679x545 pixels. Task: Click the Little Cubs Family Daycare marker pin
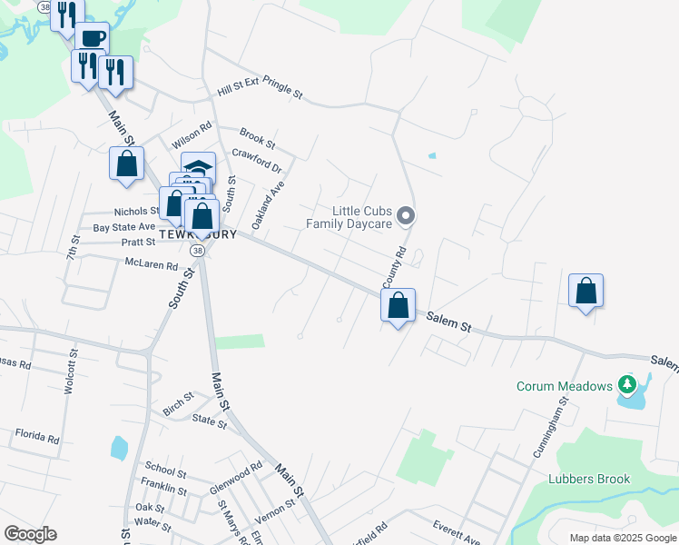pyautogui.click(x=407, y=215)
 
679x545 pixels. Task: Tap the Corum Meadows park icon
pyautogui.click(x=625, y=386)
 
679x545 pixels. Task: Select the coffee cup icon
pyautogui.click(x=92, y=38)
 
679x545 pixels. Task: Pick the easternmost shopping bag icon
pyautogui.click(x=586, y=292)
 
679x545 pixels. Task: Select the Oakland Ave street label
pyautogui.click(x=268, y=204)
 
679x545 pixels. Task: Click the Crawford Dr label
pyautogui.click(x=258, y=162)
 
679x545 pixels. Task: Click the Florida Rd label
pyautogui.click(x=36, y=437)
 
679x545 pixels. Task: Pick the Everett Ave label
pyautogui.click(x=456, y=531)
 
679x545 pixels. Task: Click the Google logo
pyautogui.click(x=30, y=534)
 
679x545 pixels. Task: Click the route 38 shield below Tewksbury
pyautogui.click(x=196, y=250)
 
